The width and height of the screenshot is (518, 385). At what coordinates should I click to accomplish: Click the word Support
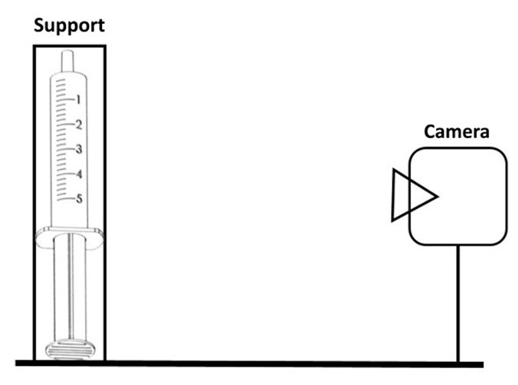point(70,25)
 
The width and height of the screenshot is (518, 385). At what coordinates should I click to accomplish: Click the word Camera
point(457,131)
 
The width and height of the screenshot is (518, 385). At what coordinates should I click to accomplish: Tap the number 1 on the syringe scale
point(78,99)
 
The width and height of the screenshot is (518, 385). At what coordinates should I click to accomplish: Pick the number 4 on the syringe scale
point(79,174)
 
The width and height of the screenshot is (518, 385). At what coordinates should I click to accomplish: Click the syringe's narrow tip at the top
point(69,60)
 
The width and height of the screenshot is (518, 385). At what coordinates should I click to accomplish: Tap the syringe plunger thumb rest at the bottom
point(69,350)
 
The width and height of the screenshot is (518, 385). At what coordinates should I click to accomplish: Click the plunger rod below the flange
point(69,291)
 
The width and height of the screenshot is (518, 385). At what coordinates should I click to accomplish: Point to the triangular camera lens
point(411,196)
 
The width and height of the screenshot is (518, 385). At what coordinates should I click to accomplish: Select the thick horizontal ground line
point(253,364)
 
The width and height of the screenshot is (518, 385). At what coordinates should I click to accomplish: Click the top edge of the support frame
point(70,46)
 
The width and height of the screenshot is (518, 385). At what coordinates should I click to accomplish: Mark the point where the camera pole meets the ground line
point(458,362)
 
